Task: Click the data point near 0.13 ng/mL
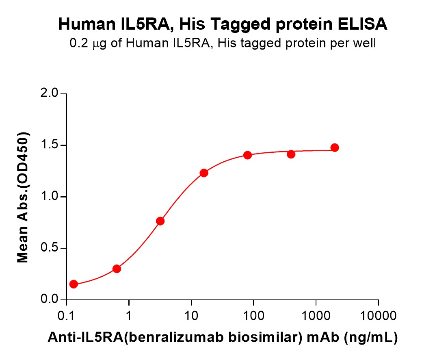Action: tap(74, 284)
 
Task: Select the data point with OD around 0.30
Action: tap(117, 269)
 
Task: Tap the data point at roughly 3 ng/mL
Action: tap(160, 221)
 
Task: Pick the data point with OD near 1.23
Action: tap(204, 173)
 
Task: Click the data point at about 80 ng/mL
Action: tap(247, 155)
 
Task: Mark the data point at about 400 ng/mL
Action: tap(291, 154)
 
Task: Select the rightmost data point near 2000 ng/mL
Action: tap(335, 147)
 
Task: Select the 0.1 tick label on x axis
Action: tap(66, 315)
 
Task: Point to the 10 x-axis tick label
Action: tap(191, 315)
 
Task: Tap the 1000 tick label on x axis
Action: tap(316, 315)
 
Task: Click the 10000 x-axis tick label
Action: tap(378, 315)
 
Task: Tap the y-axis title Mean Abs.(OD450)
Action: tap(23, 197)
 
